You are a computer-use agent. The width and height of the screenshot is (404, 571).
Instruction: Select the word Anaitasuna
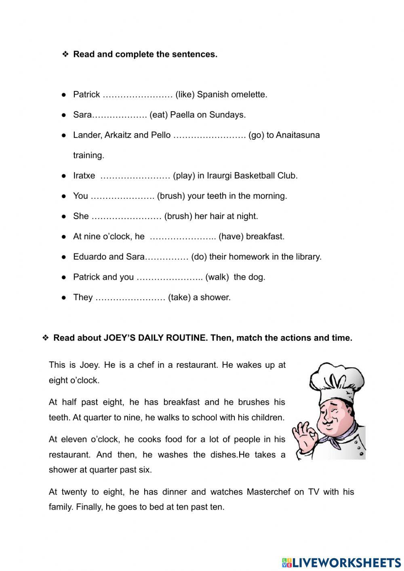(298, 135)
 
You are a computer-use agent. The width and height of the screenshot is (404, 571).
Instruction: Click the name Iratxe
(84, 176)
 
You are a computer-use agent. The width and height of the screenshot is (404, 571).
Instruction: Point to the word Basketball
(253, 176)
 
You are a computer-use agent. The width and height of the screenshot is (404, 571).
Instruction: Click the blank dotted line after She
(126, 217)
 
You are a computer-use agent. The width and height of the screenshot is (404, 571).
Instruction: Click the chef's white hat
(336, 382)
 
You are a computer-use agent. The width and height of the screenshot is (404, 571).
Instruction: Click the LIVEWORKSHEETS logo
(341, 562)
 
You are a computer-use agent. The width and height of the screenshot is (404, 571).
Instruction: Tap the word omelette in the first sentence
(250, 95)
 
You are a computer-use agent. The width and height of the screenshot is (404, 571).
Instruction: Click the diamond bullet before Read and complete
(65, 54)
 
